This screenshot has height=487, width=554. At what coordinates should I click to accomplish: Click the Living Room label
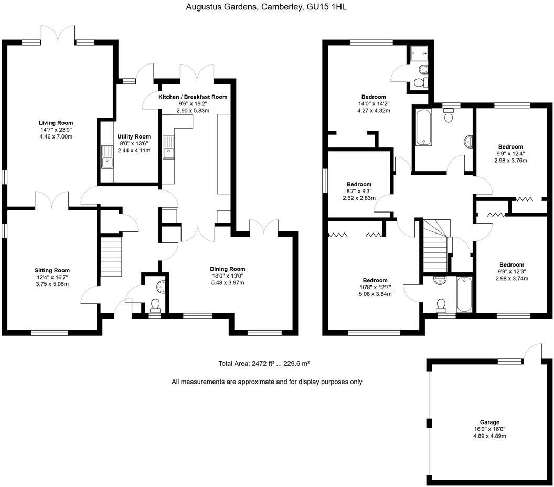(56, 123)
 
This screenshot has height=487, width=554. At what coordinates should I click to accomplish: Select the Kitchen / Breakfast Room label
(193, 97)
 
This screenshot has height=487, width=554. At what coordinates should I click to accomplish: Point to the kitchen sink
(168, 147)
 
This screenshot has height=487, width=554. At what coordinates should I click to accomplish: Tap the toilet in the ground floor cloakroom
(155, 304)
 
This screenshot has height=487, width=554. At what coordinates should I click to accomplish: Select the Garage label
(489, 422)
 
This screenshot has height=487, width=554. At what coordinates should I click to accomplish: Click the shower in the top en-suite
(418, 52)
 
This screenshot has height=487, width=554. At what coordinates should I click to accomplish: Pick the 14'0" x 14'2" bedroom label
(374, 97)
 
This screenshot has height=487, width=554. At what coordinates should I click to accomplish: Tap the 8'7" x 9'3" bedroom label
(359, 184)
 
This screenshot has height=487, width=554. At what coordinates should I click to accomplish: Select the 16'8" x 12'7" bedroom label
(375, 281)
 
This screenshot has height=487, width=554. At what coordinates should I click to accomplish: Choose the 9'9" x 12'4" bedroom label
(510, 147)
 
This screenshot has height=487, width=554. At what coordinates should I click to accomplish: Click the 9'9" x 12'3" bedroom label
(512, 265)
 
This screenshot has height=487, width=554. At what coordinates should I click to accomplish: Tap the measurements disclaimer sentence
(267, 382)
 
